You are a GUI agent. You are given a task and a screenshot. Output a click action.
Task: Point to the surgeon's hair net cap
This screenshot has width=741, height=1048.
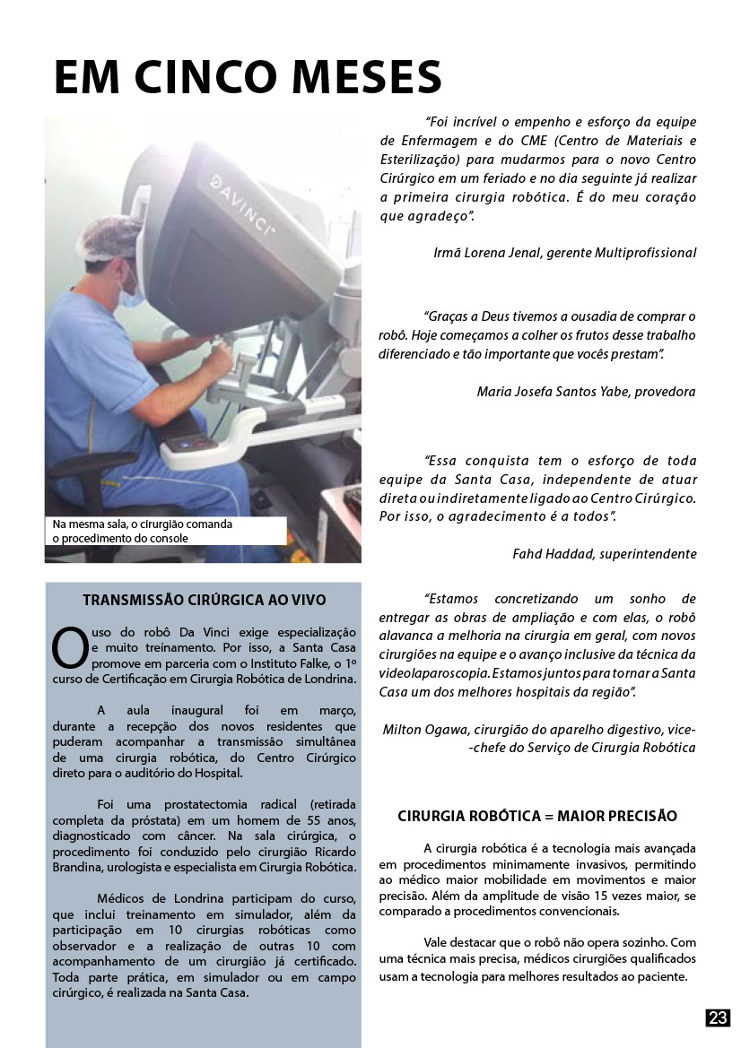112,240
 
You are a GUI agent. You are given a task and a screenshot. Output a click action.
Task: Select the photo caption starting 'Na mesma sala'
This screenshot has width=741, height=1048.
141,531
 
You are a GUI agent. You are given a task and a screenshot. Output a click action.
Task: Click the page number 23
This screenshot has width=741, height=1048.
718,1018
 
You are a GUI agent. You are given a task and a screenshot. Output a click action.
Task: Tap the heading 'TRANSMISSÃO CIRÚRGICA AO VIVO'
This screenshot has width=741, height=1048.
204,600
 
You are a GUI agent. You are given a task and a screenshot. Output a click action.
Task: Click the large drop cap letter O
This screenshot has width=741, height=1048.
68,649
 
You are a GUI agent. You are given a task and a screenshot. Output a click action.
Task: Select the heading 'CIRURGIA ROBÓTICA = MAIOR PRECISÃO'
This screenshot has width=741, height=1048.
536,816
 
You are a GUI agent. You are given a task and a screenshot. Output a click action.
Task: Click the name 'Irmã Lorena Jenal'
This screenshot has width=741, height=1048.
484,253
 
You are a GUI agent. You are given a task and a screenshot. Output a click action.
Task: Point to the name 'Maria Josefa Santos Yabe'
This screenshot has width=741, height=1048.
552,391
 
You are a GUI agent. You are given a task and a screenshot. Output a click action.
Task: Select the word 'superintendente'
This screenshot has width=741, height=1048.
649,554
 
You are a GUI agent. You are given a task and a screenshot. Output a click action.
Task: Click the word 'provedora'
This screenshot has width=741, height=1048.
666,391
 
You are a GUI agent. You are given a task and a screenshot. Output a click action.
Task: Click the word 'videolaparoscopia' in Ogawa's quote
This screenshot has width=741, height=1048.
431,671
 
